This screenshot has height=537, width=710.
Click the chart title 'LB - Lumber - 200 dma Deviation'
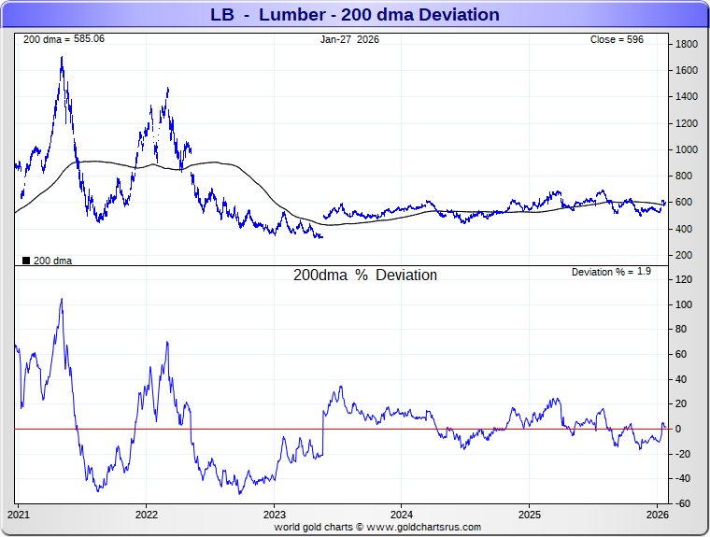click(354, 15)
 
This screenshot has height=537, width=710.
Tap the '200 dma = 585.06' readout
click(64, 39)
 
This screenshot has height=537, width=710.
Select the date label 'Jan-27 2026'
click(349, 39)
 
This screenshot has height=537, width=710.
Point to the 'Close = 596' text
click(617, 39)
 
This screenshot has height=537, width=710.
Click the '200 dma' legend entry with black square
click(47, 261)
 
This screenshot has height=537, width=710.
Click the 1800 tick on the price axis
click(688, 44)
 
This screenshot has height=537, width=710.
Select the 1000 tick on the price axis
click(688, 149)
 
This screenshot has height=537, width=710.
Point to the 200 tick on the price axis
click(685, 255)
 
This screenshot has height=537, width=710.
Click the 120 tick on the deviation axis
click(685, 280)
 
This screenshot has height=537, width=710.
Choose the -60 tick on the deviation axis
click(685, 503)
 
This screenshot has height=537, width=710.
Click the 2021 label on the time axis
click(20, 515)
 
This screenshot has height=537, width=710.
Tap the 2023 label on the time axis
click(275, 515)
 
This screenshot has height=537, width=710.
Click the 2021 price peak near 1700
click(62, 57)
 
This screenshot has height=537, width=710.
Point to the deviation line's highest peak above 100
click(62, 299)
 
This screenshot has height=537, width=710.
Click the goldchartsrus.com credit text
click(377, 527)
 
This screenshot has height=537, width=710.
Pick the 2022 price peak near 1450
click(167, 88)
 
